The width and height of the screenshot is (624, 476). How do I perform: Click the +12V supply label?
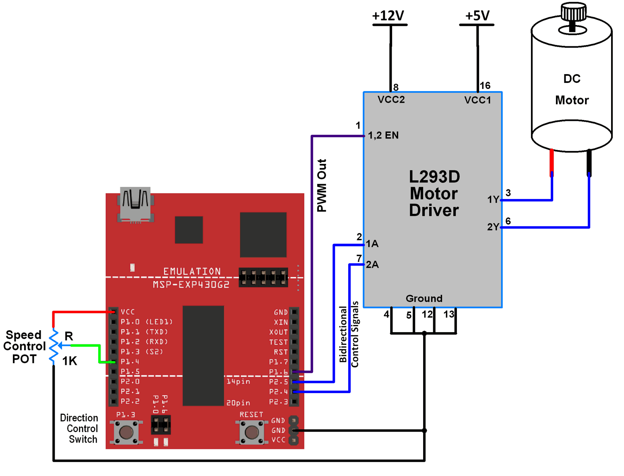[388, 16]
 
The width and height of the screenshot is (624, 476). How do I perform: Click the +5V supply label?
[477, 16]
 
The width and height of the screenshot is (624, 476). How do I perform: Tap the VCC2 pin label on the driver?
[391, 99]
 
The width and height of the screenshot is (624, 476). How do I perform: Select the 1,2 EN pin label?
[383, 135]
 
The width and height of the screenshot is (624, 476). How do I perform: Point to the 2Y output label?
[493, 227]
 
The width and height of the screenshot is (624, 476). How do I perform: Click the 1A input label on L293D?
[372, 244]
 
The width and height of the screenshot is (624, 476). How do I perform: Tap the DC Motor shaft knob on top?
[573, 12]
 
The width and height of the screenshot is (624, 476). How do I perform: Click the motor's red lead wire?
[552, 161]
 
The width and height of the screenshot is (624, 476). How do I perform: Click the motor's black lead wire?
[589, 161]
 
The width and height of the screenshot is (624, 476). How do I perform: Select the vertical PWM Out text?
[322, 185]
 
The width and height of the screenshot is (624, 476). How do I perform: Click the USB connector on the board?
[135, 203]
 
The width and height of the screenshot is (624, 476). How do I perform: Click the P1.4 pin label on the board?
[130, 362]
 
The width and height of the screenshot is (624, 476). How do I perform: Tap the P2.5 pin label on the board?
[279, 382]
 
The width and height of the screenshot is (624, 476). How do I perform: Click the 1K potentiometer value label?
[69, 361]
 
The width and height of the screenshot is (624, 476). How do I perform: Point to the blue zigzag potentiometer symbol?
[54, 346]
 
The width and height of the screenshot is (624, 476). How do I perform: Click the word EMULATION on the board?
[192, 271]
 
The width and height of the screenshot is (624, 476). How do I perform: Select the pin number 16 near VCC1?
[485, 85]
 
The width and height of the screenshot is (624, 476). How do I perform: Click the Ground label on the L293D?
[424, 298]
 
